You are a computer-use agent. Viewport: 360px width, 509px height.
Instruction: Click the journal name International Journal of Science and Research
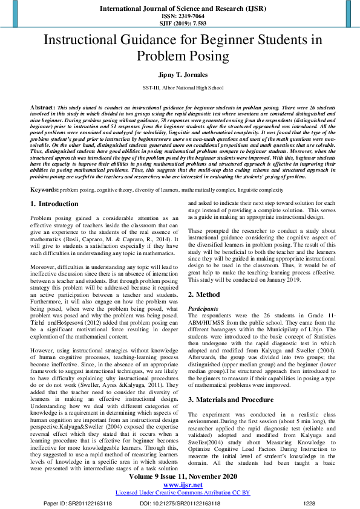pyautogui.click(x=180, y=8)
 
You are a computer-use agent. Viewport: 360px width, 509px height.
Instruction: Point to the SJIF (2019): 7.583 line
pyautogui.click(x=180, y=24)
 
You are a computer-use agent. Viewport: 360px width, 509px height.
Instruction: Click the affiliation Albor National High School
pyautogui.click(x=188, y=88)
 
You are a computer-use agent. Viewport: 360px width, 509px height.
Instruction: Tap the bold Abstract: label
pyautogui.click(x=42, y=106)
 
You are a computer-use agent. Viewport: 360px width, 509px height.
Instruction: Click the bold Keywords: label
pyautogui.click(x=45, y=189)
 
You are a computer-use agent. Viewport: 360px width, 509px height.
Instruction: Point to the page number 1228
pyautogui.click(x=309, y=502)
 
